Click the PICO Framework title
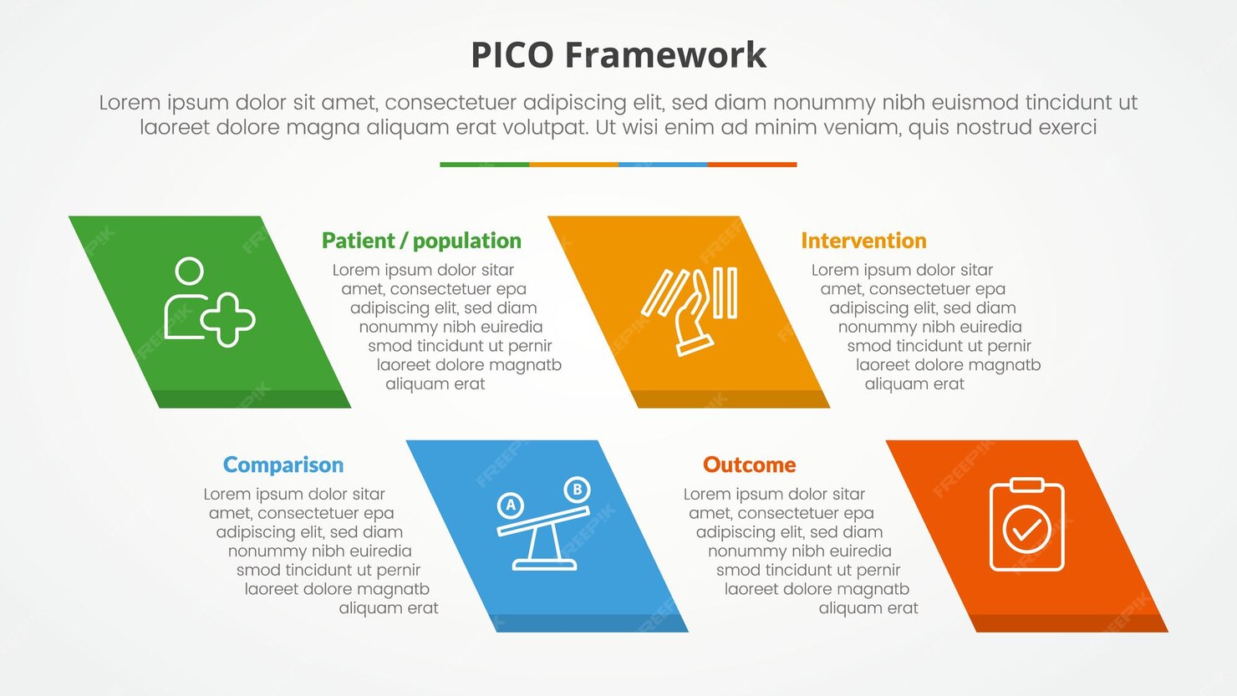pyautogui.click(x=618, y=55)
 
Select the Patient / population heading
pyautogui.click(x=421, y=241)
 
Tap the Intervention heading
pyautogui.click(x=863, y=241)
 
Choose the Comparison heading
pyautogui.click(x=283, y=465)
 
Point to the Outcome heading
pyautogui.click(x=749, y=465)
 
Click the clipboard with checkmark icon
pyautogui.click(x=1026, y=525)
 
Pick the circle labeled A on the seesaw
pyautogui.click(x=511, y=505)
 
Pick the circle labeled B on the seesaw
pyautogui.click(x=577, y=489)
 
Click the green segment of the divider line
pyautogui.click(x=484, y=165)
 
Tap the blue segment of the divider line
pyautogui.click(x=663, y=165)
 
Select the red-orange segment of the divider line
pyautogui.click(x=752, y=165)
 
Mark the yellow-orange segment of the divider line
pyautogui.click(x=573, y=165)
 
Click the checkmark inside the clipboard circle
pyautogui.click(x=1026, y=530)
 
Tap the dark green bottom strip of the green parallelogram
pyautogui.click(x=251, y=399)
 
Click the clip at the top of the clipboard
pyautogui.click(x=1026, y=485)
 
